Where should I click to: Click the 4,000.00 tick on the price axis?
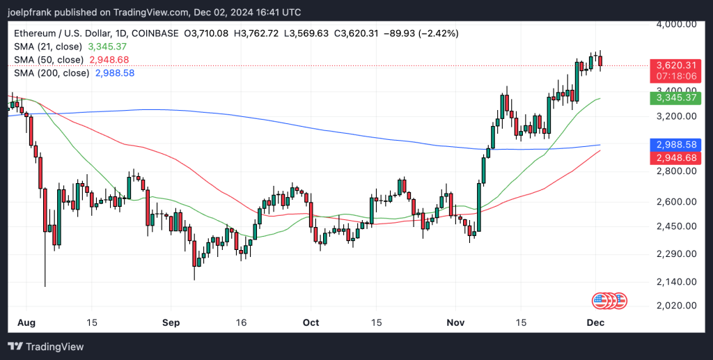pyautogui.click(x=677, y=24)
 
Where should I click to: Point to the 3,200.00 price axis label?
pyautogui.click(x=677, y=116)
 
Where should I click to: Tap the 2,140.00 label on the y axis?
pyautogui.click(x=677, y=282)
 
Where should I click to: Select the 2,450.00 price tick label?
pyautogui.click(x=677, y=227)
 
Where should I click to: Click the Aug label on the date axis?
pyautogui.click(x=26, y=323)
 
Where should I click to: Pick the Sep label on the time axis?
pyautogui.click(x=171, y=323)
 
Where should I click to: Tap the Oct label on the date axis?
pyautogui.click(x=311, y=323)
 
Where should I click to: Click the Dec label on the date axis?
pyautogui.click(x=595, y=323)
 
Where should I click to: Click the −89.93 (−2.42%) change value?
pyautogui.click(x=399, y=33)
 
